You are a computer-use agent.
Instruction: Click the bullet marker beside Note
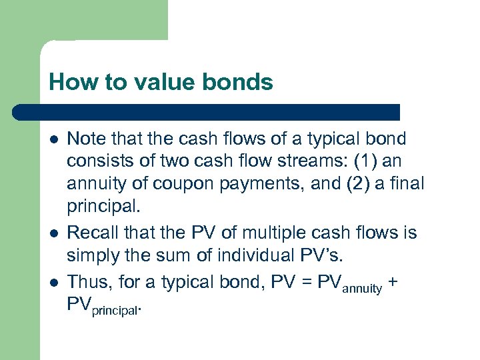tap(53, 139)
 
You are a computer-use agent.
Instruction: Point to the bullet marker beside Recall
tap(53, 233)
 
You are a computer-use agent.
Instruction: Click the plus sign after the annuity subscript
tap(393, 281)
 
